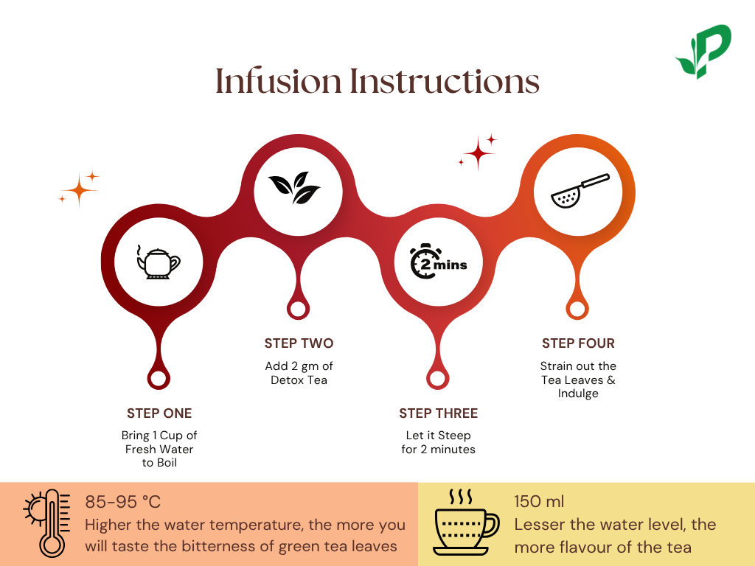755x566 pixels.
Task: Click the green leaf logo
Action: click(702, 52)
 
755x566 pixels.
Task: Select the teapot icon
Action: click(158, 262)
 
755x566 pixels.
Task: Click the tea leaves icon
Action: click(294, 188)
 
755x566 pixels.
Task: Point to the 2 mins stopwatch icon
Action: click(438, 262)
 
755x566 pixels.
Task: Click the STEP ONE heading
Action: click(159, 413)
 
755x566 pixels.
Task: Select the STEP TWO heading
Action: click(299, 343)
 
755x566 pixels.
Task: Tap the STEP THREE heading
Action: click(438, 413)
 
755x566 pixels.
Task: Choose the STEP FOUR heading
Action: click(578, 343)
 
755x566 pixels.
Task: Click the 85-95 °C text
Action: click(122, 503)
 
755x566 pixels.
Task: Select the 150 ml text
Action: click(539, 502)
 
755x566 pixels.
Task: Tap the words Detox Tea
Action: click(299, 380)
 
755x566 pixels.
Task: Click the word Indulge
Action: click(578, 394)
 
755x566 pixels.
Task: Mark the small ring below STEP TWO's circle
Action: click(298, 309)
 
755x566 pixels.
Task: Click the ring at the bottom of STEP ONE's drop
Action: click(158, 379)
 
